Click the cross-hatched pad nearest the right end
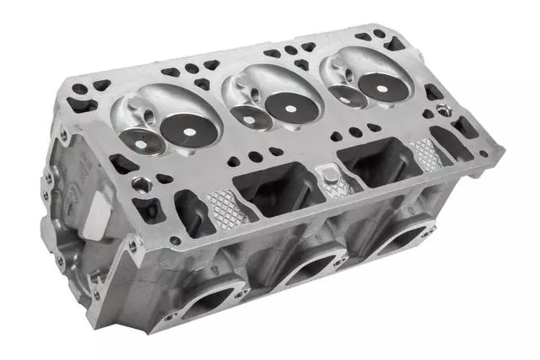(x=425, y=152)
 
